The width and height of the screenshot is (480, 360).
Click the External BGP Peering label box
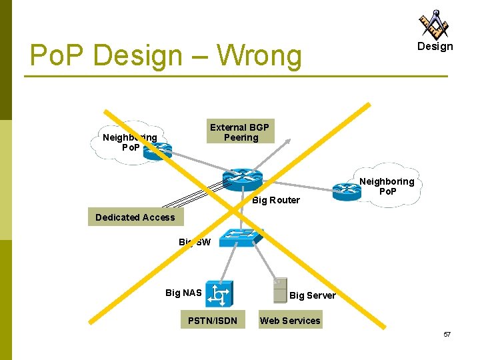coord(239,132)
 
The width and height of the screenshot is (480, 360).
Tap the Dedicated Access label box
coord(135,217)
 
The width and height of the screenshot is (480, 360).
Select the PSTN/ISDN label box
coord(212,321)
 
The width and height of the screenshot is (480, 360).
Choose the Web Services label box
coord(289,321)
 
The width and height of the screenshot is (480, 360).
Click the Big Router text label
coord(276,200)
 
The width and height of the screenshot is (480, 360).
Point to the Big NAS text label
coord(183,292)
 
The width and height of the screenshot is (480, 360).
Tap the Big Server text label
coord(313,295)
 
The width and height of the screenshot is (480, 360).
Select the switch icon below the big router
coord(243,237)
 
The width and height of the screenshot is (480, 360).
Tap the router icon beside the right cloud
coord(347,191)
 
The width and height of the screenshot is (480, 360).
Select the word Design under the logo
coord(435,47)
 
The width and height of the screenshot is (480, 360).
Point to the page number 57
coord(447,334)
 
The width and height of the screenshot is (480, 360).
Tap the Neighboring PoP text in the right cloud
coord(387,187)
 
